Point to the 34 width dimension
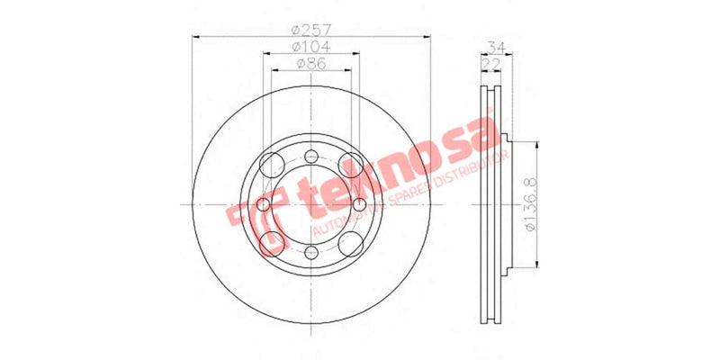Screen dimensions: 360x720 click(x=494, y=46)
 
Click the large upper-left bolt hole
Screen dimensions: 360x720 click(x=270, y=166)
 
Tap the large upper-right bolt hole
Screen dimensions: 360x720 click(x=352, y=166)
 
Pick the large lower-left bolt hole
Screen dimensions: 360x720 click(x=270, y=241)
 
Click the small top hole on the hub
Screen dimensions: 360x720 click(x=310, y=156)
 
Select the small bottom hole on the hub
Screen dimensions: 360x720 click(x=310, y=254)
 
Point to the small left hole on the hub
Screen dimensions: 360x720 click(x=263, y=204)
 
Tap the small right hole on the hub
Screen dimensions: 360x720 click(x=359, y=204)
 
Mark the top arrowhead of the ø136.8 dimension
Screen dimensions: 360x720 click(x=538, y=145)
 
